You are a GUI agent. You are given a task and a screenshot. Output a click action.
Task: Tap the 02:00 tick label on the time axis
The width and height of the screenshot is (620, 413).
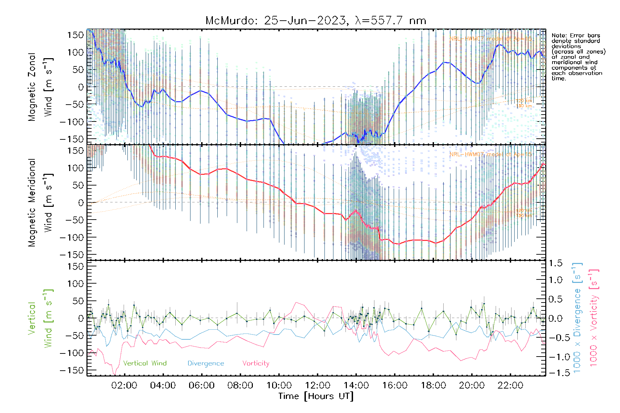[124, 385]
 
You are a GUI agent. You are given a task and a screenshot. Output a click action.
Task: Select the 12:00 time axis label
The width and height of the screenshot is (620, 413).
[318, 385]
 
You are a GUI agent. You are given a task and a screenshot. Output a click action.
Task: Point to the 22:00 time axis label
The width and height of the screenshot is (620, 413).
[510, 385]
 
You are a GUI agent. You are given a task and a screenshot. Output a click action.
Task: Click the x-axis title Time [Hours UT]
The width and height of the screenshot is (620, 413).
[316, 396]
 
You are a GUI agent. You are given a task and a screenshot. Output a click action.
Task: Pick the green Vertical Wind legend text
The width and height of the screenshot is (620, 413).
[145, 363]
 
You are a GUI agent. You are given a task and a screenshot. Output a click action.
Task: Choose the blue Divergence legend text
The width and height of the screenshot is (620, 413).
[206, 363]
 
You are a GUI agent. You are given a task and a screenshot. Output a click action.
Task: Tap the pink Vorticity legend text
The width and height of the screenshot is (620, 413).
[256, 363]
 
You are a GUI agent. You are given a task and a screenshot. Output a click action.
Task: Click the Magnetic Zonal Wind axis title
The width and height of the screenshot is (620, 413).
[41, 87]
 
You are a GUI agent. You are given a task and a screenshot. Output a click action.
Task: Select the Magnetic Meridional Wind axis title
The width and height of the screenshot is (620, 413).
[41, 202]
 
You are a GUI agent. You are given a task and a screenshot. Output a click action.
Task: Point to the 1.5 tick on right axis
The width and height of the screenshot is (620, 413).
[555, 263]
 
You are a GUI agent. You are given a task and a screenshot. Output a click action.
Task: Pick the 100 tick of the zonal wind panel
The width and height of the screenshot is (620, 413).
[76, 52]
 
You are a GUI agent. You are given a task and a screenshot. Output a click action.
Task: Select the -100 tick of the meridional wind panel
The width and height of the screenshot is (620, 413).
[72, 237]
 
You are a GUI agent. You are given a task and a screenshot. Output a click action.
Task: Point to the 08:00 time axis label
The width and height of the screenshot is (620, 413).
[240, 385]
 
